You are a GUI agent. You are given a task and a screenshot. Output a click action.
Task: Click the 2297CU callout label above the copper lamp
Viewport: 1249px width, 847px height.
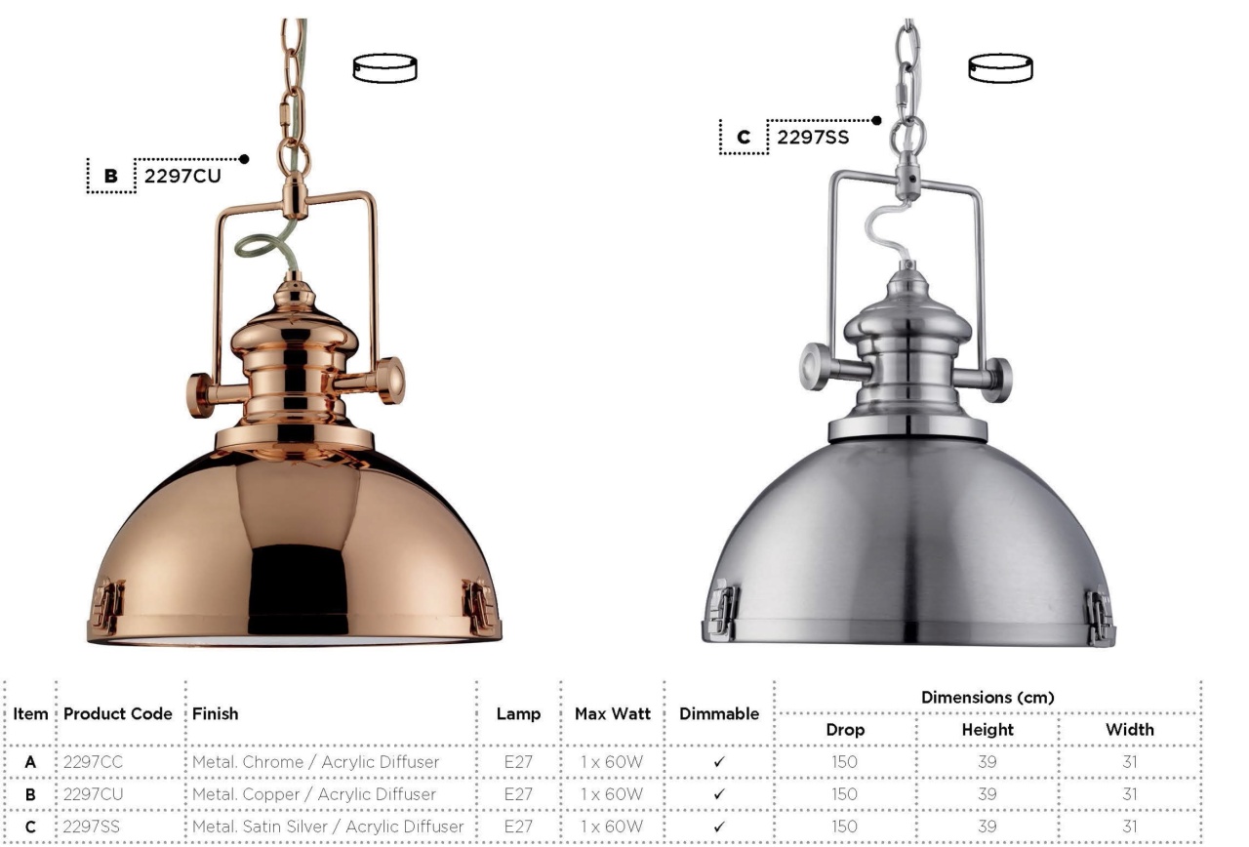[x=182, y=177]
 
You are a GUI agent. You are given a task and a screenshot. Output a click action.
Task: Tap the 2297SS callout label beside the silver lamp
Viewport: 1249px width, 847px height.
[x=813, y=138]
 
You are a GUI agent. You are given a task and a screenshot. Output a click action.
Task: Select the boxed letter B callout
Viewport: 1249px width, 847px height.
[x=111, y=177]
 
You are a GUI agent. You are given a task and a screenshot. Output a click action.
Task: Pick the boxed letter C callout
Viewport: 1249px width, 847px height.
[x=744, y=138]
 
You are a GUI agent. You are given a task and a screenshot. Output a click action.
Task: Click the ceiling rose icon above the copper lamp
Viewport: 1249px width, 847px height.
[x=384, y=68]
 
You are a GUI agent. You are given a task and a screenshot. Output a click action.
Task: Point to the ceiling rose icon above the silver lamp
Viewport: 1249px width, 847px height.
[x=1000, y=68]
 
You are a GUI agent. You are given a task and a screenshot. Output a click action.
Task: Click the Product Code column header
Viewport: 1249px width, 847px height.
[x=118, y=713]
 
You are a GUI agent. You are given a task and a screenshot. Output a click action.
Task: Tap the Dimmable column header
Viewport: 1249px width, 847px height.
[x=719, y=713]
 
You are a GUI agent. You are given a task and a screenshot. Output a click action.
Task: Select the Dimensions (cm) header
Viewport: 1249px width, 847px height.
[x=987, y=698]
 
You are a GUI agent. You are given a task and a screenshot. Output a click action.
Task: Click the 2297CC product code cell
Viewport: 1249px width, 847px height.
[x=93, y=762]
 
